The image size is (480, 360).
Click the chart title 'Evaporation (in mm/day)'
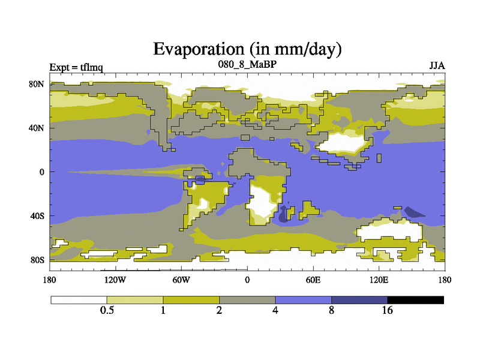point(247,49)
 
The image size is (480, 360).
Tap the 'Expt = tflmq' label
point(76,67)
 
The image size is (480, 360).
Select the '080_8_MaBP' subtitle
point(247,64)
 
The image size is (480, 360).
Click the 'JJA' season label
point(437,65)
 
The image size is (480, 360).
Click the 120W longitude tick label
point(115,280)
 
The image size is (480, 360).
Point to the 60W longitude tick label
point(181,280)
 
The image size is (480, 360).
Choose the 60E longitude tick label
point(313,280)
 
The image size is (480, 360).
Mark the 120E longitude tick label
point(379,280)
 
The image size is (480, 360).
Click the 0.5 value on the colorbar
point(107,310)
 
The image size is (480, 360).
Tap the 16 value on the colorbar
point(388,310)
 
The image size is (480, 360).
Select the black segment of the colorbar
point(416,299)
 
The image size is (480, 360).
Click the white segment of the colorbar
point(79,299)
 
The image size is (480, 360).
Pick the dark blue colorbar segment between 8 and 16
point(359,299)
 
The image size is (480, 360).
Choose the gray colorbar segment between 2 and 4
point(247,299)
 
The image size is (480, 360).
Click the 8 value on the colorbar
point(332,310)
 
